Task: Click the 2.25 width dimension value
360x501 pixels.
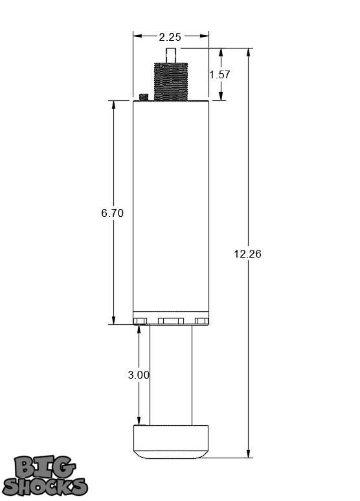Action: pyautogui.click(x=170, y=36)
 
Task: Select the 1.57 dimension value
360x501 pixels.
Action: pyautogui.click(x=219, y=74)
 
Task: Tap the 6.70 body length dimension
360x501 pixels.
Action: pyautogui.click(x=112, y=213)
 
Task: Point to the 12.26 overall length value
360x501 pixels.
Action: pyautogui.click(x=247, y=254)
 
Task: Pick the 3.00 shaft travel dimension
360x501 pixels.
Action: pyautogui.click(x=139, y=374)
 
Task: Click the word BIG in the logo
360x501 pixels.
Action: pyautogui.click(x=45, y=467)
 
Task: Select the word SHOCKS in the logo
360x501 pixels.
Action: pyautogui.click(x=45, y=485)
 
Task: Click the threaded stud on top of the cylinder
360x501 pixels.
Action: pyautogui.click(x=170, y=82)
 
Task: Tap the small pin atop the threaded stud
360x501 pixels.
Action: pyautogui.click(x=171, y=55)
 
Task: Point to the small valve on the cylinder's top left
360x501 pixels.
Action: pyautogui.click(x=143, y=96)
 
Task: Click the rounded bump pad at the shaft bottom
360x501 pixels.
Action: pyautogui.click(x=171, y=441)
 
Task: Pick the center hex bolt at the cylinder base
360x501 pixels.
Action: pyautogui.click(x=171, y=321)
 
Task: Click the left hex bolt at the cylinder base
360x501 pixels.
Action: pyautogui.click(x=140, y=321)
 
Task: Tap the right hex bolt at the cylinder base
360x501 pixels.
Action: pyautogui.click(x=202, y=321)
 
